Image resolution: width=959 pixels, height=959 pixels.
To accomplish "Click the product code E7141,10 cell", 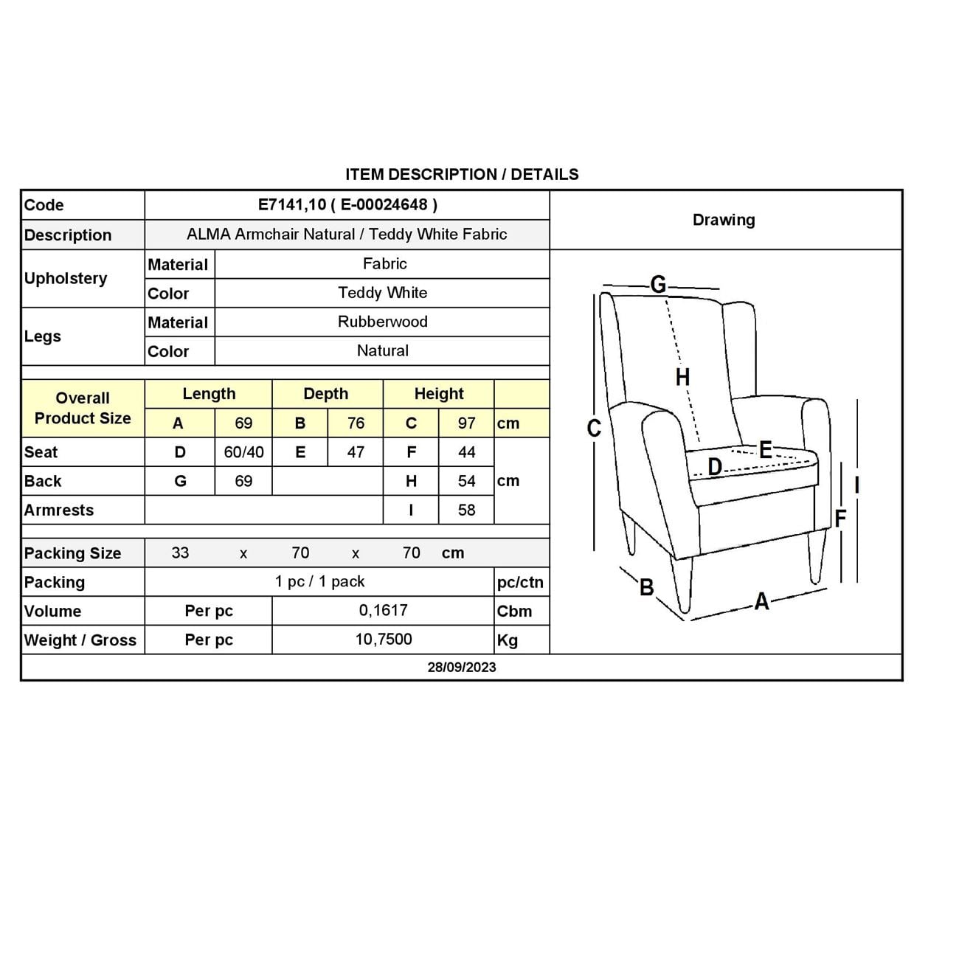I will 347,205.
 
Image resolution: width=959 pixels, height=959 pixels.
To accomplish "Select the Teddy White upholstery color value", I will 382,293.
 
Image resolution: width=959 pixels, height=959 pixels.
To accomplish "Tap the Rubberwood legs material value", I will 382,322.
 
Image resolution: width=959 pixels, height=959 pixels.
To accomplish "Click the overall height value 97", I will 466,423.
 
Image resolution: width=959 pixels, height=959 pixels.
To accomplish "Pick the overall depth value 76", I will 356,423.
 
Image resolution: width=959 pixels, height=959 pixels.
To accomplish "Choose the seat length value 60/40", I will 243,452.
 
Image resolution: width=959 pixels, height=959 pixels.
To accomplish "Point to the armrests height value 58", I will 466,510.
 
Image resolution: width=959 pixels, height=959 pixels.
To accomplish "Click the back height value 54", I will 466,481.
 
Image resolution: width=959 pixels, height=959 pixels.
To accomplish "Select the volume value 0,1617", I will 383,611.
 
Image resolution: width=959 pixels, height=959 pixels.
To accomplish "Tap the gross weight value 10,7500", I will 383,640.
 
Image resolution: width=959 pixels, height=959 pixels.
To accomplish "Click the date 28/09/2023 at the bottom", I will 462,668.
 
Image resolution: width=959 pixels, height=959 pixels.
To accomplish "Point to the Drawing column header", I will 724,220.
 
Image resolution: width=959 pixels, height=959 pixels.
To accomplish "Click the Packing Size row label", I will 72,553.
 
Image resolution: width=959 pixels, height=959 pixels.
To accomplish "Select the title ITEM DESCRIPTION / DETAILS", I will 462,175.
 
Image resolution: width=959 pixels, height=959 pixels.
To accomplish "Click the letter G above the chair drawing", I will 658,284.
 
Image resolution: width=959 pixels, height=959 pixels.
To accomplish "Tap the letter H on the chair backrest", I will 682,377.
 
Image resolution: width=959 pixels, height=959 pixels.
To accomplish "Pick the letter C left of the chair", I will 594,429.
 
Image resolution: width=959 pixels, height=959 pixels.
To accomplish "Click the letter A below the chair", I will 761,602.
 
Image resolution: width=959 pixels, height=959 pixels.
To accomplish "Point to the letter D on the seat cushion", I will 714,467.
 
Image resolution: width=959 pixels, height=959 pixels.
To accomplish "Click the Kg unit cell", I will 508,640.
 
